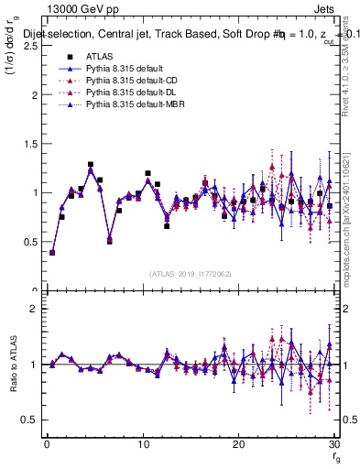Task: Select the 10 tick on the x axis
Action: pyautogui.click(x=142, y=443)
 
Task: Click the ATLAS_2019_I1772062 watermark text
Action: pyautogui.click(x=189, y=273)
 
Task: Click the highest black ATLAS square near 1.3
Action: pyautogui.click(x=91, y=165)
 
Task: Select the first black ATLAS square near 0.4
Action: pyautogui.click(x=52, y=252)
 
